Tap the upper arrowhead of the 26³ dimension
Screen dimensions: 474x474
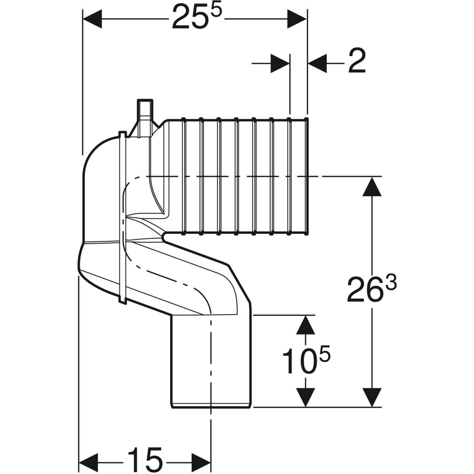tap(371, 187)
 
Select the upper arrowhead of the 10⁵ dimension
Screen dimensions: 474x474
tap(305, 325)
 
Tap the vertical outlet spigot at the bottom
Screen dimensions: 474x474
tap(211, 359)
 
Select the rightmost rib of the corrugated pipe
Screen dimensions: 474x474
tap(307, 176)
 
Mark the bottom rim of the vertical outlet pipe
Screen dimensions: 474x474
tap(211, 405)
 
